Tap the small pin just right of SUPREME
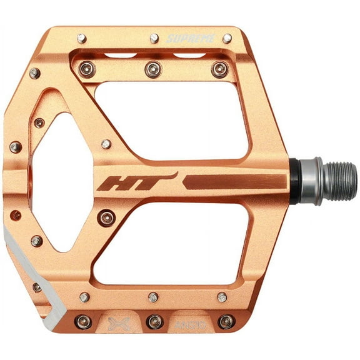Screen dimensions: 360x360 tap(227, 39)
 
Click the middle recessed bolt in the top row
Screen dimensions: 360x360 tap(152, 69)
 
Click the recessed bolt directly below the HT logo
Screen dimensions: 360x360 tap(106, 217)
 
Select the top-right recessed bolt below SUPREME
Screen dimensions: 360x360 tap(219, 69)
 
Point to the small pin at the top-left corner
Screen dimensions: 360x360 tap(82, 39)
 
